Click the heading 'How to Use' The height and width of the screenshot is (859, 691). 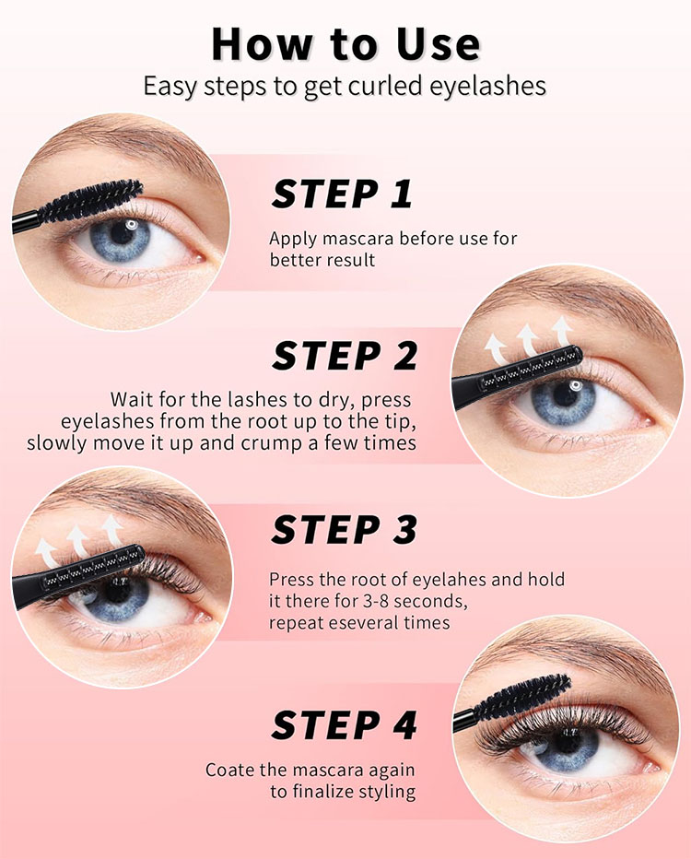click(x=346, y=44)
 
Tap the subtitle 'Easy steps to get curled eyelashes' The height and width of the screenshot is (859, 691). click(x=345, y=87)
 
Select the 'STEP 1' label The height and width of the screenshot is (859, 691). click(x=342, y=194)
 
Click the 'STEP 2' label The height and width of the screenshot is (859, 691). click(x=345, y=355)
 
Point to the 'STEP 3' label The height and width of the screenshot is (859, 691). click(x=345, y=530)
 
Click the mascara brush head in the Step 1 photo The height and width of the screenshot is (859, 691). click(x=92, y=199)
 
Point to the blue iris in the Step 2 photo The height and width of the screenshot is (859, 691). click(x=564, y=401)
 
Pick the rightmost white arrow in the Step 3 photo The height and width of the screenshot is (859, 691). click(x=111, y=530)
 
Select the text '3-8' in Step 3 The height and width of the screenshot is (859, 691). click(x=375, y=602)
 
